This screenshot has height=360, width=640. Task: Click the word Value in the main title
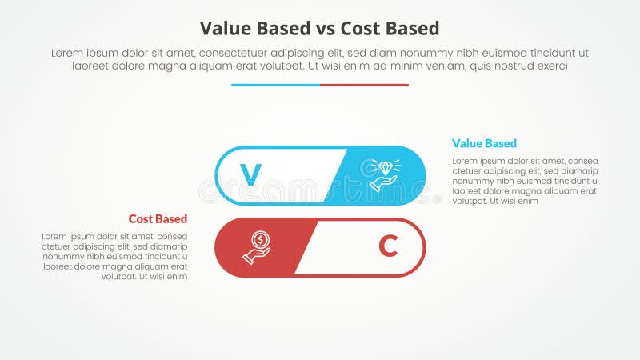pyautogui.click(x=224, y=29)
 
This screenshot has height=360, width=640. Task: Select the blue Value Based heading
pyautogui.click(x=484, y=144)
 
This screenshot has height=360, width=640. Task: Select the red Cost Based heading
pyautogui.click(x=158, y=219)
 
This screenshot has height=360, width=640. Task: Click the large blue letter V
pyautogui.click(x=251, y=174)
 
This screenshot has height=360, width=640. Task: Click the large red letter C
pyautogui.click(x=388, y=248)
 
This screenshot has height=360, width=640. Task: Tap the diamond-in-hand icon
pyautogui.click(x=385, y=174)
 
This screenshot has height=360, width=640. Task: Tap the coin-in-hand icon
pyautogui.click(x=258, y=247)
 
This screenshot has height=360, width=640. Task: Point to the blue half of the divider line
pyautogui.click(x=275, y=85)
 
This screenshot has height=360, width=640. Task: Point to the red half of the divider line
pyautogui.click(x=364, y=85)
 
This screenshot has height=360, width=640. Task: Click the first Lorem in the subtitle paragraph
pyautogui.click(x=67, y=53)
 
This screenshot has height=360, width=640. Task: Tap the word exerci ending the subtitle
pyautogui.click(x=551, y=66)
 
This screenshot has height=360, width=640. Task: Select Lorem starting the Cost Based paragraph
pyautogui.click(x=56, y=237)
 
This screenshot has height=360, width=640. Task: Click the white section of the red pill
pyautogui.click(x=352, y=248)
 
